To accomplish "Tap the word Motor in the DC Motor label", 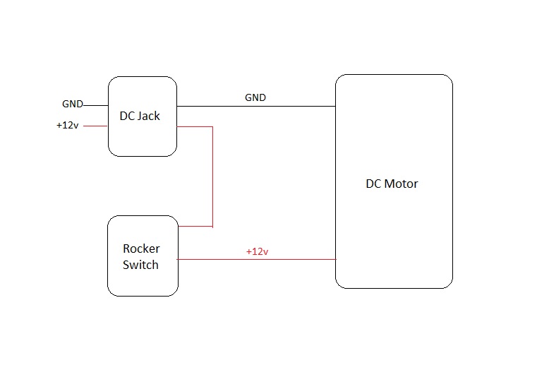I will [400, 184].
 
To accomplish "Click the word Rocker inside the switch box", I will [141, 249].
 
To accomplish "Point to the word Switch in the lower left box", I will [140, 265].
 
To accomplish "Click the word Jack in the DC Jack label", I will [149, 116].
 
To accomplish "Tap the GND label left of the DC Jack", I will [72, 104].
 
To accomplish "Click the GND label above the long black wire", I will [255, 97].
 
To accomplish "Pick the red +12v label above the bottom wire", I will [257, 251].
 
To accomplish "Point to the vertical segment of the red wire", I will [212, 176].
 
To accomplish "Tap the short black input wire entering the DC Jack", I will [96, 105].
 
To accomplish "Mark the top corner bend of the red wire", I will [212, 127].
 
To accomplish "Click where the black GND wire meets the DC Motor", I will [335, 107].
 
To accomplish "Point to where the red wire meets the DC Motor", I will [335, 259].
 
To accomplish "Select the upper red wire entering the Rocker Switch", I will [195, 227].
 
